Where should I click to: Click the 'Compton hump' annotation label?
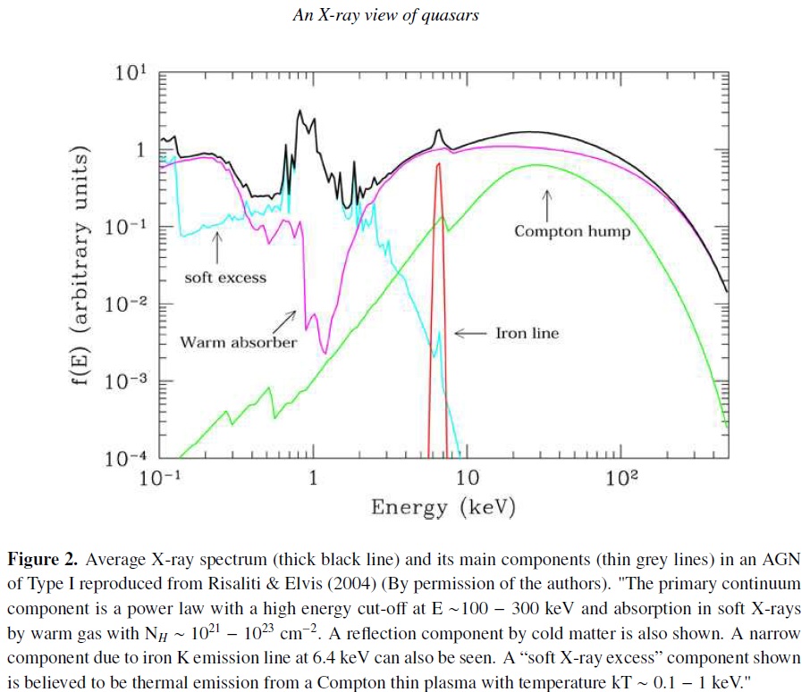pyautogui.click(x=572, y=231)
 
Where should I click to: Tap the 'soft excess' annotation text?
pyautogui.click(x=225, y=277)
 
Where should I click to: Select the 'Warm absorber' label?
pyautogui.click(x=239, y=342)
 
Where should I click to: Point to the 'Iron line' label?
pyautogui.click(x=527, y=333)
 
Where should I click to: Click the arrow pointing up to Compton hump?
pyautogui.click(x=546, y=204)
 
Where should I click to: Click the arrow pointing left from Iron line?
pyautogui.click(x=471, y=333)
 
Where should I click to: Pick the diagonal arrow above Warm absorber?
pyautogui.click(x=287, y=318)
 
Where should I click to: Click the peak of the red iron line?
pyautogui.click(x=438, y=164)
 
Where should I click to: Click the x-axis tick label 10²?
pyautogui.click(x=621, y=478)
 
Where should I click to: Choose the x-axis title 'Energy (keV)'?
pyautogui.click(x=443, y=507)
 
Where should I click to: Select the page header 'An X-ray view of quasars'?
pyautogui.click(x=386, y=16)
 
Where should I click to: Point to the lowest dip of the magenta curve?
pyautogui.click(x=325, y=352)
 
